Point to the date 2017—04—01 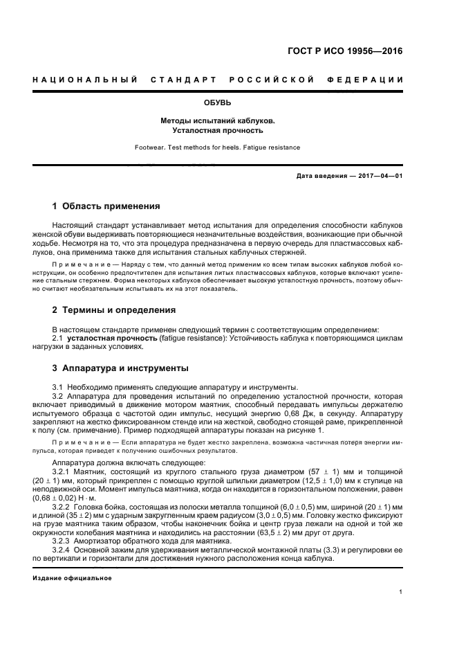[377, 176]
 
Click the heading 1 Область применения [106, 206]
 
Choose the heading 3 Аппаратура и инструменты [120, 368]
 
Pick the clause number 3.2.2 [62, 507]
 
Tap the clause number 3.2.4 [62, 551]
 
